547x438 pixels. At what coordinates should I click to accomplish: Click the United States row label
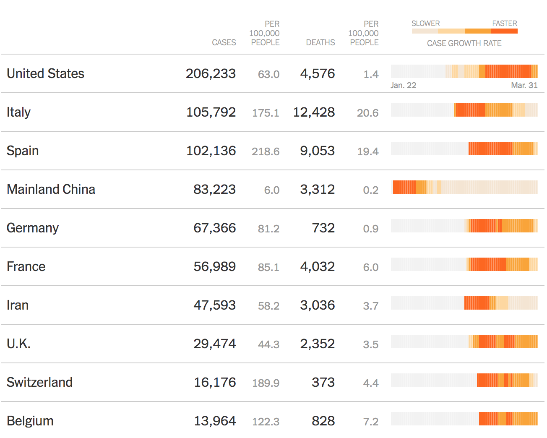[45, 73]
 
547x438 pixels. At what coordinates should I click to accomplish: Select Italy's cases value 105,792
[211, 112]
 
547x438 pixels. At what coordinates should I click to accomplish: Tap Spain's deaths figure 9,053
[317, 151]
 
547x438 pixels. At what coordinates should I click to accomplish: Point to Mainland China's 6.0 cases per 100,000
[271, 190]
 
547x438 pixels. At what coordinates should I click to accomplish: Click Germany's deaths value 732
[323, 228]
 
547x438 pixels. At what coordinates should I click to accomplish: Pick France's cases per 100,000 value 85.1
[268, 267]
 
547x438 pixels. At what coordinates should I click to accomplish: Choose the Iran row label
[18, 305]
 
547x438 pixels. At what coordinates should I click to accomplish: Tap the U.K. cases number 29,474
[214, 344]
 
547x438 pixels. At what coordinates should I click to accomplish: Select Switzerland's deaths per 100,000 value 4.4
[371, 383]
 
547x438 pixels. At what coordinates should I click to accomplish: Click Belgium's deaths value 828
[323, 421]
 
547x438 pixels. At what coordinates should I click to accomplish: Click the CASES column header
[224, 42]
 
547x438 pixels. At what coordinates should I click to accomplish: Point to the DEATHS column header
[320, 42]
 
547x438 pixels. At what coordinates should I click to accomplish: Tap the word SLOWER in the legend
[425, 23]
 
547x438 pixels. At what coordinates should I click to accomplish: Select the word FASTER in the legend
[504, 23]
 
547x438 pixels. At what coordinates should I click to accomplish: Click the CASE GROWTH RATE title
[464, 43]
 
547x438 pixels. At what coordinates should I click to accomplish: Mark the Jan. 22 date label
[403, 85]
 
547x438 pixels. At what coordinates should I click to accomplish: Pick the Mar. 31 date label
[524, 85]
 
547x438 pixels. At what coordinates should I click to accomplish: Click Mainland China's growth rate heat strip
[464, 187]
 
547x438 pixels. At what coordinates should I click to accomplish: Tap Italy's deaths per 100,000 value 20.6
[367, 113]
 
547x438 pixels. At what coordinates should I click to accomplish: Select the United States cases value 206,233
[211, 73]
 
